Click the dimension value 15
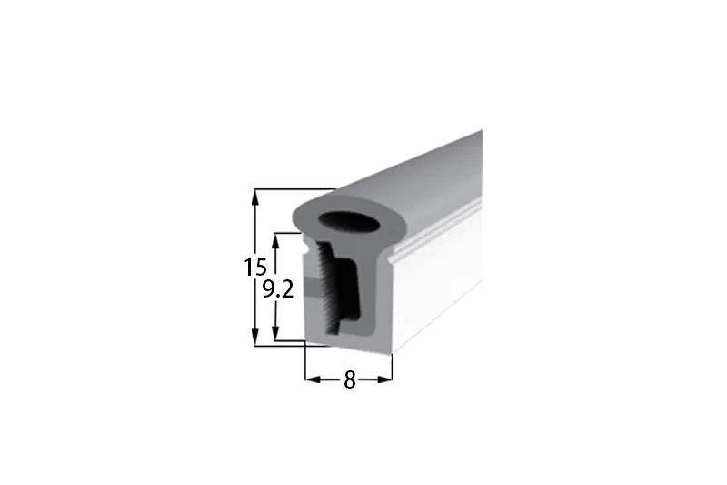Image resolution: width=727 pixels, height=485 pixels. point(255,267)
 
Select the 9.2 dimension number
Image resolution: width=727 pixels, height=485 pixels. point(278,290)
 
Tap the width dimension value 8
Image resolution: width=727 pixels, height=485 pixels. point(350,380)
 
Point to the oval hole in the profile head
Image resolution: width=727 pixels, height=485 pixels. point(350,221)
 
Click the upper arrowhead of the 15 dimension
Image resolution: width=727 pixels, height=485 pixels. point(254,197)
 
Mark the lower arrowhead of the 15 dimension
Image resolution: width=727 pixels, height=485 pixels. point(254,338)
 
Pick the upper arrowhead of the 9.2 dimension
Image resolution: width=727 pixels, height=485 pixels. point(276,241)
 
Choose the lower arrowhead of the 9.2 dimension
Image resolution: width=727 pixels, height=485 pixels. point(276,333)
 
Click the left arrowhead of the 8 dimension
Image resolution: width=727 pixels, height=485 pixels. point(313,379)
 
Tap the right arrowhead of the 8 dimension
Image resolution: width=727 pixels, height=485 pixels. point(384,379)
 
